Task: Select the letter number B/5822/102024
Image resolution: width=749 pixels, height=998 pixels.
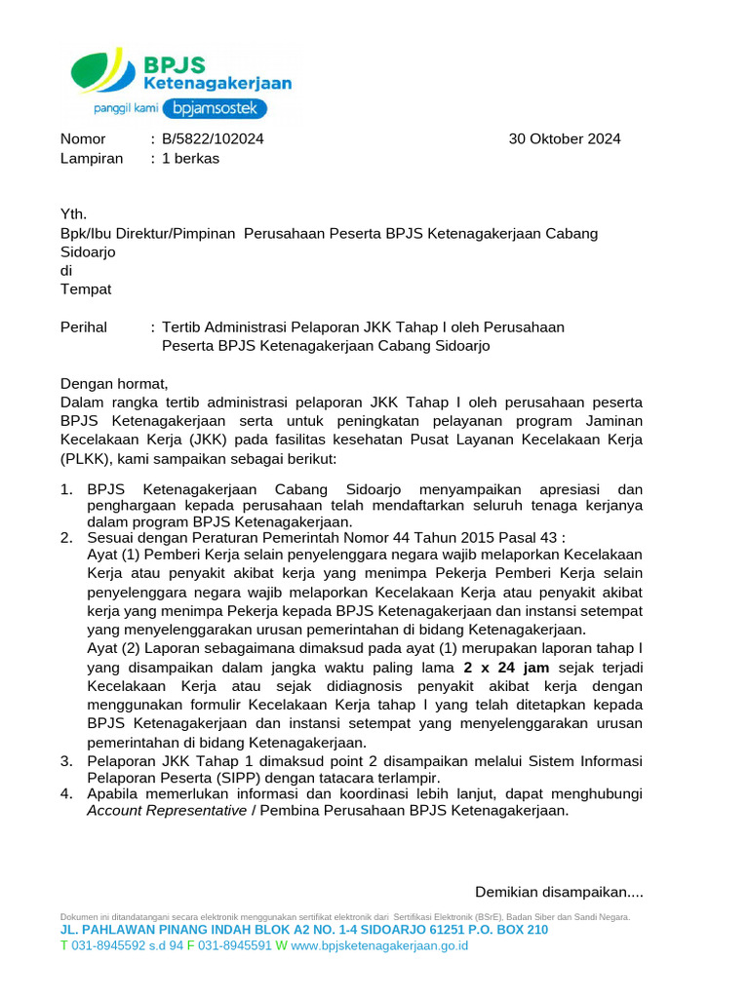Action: pos(213,139)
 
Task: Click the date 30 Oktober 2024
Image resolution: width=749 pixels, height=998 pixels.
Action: pos(565,139)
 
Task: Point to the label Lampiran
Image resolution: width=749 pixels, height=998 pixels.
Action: pos(92,159)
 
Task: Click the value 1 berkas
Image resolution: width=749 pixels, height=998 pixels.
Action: pos(190,159)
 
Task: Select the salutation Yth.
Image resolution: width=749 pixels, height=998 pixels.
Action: pos(73,214)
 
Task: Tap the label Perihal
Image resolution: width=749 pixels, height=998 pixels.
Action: pos(84,327)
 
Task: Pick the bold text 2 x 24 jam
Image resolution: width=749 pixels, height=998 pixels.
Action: pos(506,668)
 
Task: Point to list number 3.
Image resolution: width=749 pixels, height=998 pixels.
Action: pos(66,760)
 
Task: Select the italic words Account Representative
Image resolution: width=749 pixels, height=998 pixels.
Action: pos(167,811)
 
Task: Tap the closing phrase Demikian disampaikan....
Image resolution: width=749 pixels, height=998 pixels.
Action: pos(559,892)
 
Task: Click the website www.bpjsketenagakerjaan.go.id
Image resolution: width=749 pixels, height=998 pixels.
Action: pos(379,945)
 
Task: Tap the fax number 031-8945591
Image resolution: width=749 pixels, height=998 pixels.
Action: pos(235,945)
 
